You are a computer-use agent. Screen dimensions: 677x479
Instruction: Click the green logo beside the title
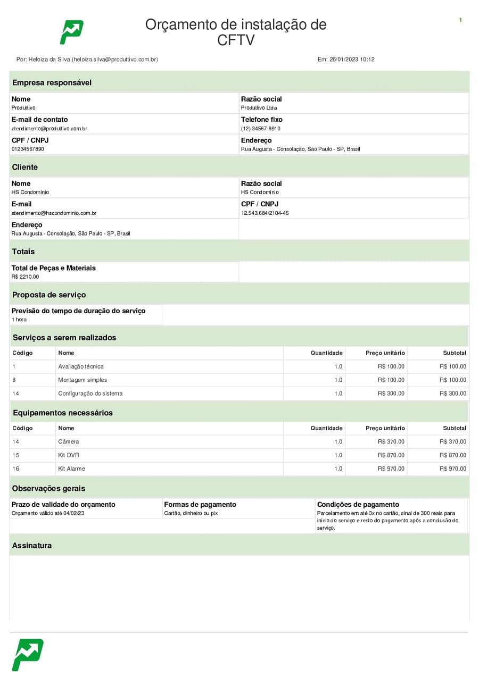(71, 32)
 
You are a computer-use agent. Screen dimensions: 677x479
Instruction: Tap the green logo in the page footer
(27, 654)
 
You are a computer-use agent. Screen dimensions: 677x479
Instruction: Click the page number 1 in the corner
(460, 20)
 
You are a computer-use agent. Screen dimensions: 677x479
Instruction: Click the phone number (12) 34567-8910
(260, 129)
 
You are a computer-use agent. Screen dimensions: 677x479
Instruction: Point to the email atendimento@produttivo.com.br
(49, 129)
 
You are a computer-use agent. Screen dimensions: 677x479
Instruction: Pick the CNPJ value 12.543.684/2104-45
(265, 213)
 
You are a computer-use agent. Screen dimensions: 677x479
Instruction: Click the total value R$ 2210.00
(25, 277)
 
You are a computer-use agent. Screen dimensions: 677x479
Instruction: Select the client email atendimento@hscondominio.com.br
(54, 213)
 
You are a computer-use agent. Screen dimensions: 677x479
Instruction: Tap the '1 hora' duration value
(19, 320)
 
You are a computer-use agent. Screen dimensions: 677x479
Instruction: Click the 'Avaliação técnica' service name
(81, 366)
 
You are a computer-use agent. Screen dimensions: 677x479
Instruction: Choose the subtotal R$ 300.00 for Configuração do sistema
(452, 394)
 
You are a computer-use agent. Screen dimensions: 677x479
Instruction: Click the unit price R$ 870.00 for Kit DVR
(391, 455)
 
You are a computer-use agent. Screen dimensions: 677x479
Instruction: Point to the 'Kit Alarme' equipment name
(71, 469)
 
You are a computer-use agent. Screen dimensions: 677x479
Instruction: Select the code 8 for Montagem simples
(14, 380)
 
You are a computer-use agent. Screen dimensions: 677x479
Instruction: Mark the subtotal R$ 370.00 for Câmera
(452, 441)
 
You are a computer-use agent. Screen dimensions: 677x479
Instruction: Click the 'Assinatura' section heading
(32, 546)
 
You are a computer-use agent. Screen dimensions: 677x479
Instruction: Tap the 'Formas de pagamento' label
(200, 505)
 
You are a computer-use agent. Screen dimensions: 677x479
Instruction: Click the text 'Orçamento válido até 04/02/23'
(47, 513)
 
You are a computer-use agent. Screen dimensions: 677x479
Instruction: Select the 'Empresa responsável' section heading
(52, 82)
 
